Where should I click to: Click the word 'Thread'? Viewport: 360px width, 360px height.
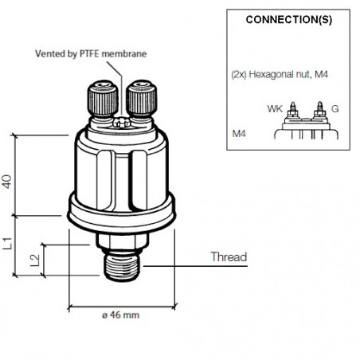click(x=229, y=257)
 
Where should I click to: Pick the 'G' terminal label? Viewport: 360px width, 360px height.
click(x=334, y=106)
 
